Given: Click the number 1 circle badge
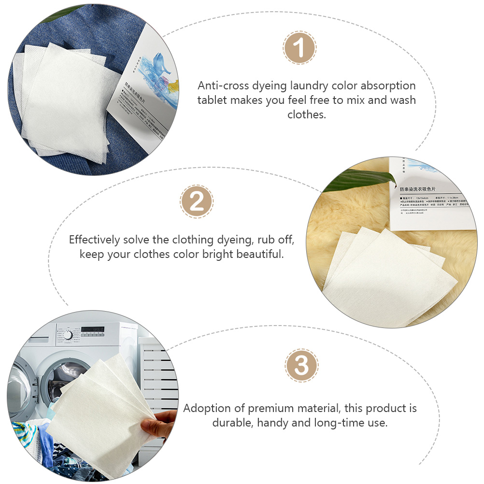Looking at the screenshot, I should [299, 48].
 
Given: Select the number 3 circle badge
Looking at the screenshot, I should [301, 366].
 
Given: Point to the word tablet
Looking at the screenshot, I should [213, 100].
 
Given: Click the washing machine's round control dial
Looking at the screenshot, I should [68, 335].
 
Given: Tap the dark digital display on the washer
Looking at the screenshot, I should [92, 330].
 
